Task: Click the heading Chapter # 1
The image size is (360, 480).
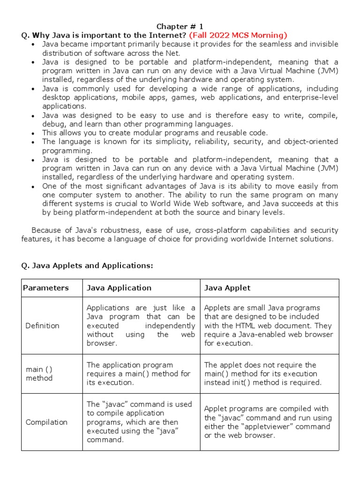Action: click(180, 26)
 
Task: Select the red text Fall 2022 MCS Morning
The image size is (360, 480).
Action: click(238, 35)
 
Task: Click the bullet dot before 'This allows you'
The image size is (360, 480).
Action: click(32, 133)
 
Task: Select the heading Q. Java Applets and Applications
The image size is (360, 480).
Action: click(87, 266)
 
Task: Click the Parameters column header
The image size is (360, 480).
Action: click(46, 288)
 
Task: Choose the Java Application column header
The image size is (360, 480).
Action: click(119, 288)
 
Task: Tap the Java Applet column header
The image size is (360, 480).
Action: click(227, 288)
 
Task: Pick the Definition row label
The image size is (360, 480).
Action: click(43, 325)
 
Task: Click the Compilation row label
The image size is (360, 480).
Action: click(46, 422)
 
